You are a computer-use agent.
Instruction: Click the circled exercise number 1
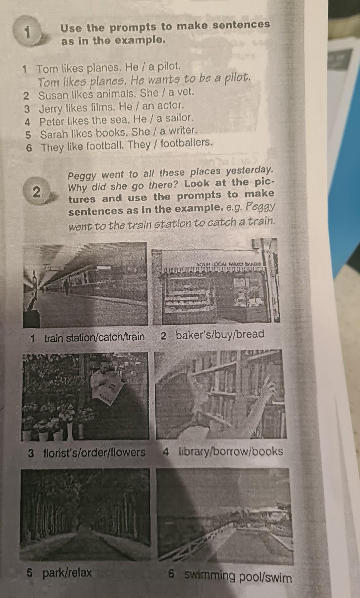coord(28,33)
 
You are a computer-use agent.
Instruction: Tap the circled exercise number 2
coord(36,192)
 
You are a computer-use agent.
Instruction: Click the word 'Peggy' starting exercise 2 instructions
coord(82,176)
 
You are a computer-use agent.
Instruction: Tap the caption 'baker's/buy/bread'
coord(220,334)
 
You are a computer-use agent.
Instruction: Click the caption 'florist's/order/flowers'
coord(94,453)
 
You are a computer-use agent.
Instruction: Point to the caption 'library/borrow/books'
coord(230,451)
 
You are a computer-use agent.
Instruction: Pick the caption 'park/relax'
coord(67,572)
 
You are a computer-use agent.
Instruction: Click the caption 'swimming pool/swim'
coord(238,576)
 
